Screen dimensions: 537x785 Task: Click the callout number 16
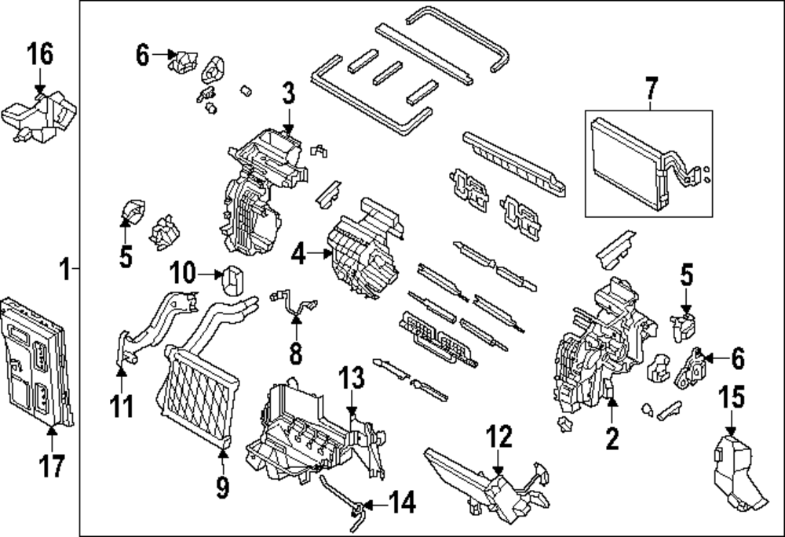40,56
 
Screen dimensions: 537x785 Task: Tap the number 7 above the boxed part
649,89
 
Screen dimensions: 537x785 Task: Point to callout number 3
288,95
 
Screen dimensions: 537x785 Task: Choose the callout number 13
352,379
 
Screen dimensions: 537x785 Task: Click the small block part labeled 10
232,280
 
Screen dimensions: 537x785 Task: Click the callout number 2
612,438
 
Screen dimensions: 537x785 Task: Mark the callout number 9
222,488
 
